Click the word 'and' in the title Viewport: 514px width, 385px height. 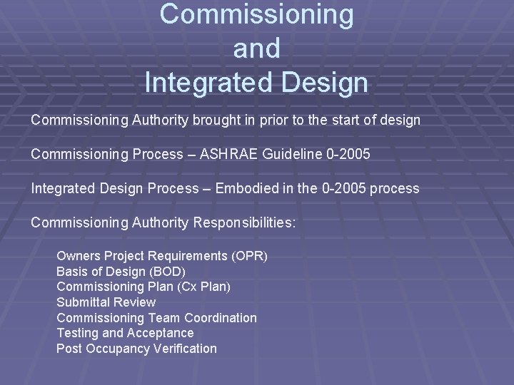(256, 49)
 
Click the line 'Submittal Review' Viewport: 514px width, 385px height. (106, 302)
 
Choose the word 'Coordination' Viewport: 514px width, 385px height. (221, 317)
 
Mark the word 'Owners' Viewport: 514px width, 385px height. (79, 255)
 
